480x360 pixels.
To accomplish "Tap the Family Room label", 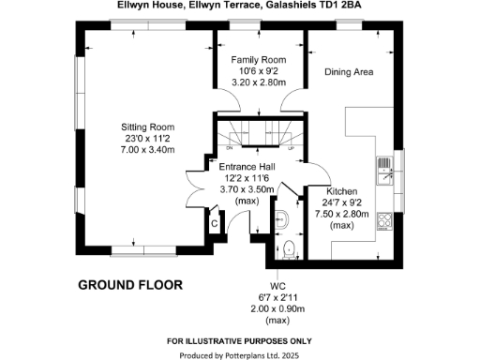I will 260,59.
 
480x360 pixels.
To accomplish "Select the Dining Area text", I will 349,71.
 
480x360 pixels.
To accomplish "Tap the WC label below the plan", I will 277,285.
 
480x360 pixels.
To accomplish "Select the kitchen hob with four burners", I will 383,222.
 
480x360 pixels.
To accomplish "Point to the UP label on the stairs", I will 292,148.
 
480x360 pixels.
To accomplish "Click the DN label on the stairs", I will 230,148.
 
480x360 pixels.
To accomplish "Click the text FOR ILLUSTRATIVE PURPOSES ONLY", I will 240,339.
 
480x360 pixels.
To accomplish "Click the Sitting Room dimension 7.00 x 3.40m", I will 147,150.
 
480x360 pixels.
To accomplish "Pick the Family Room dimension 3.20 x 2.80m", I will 260,82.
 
